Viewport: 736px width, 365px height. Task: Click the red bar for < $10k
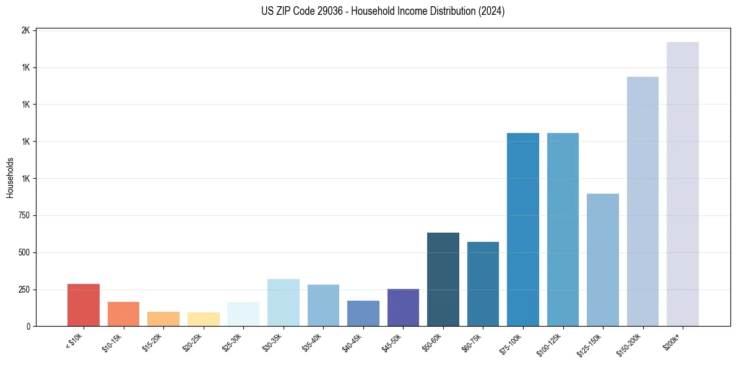pos(84,305)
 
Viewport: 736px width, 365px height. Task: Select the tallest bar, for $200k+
pos(682,184)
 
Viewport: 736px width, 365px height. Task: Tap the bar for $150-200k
pos(643,202)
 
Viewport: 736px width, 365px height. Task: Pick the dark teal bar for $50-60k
pos(443,280)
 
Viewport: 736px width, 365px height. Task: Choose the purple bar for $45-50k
pos(403,307)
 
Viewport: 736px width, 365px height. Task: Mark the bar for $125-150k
pos(602,260)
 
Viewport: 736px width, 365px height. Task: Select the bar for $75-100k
pos(523,230)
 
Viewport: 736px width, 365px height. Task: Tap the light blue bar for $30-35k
pos(284,303)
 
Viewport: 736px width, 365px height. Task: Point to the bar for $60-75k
pos(483,284)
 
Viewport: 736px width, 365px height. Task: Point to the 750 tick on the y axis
pos(24,215)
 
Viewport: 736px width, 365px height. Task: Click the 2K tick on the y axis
pos(26,30)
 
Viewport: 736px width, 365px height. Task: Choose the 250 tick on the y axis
pos(24,290)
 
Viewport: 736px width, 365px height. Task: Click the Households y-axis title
pos(10,178)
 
